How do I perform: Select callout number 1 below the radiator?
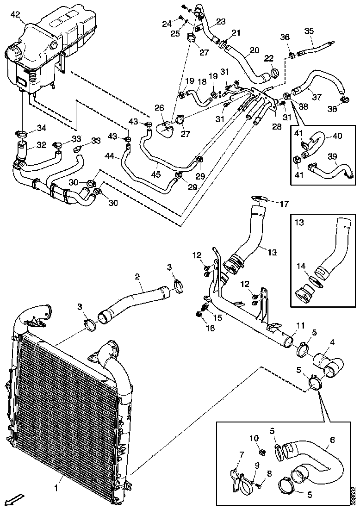pos(56,488)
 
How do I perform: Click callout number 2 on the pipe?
pos(137,276)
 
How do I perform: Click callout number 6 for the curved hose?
pos(332,439)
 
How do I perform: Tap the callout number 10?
pos(254,438)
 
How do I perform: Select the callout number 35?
pos(309,31)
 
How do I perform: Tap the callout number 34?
pos(42,128)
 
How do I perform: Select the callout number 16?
pos(211,329)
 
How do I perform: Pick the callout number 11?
pos(301,326)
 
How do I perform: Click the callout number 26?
pos(159,108)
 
